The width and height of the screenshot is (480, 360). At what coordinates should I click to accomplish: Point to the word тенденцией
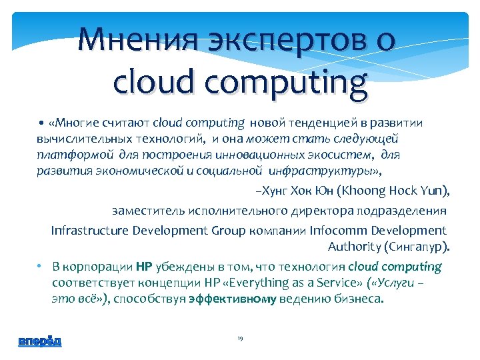313,123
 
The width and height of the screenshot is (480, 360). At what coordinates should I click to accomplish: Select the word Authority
354,247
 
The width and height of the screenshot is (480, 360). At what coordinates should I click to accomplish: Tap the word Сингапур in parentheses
417,247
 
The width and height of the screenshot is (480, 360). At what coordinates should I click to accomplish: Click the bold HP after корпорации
144,267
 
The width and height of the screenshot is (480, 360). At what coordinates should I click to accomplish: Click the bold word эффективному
232,299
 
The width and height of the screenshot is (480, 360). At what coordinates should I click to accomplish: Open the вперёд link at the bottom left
40,341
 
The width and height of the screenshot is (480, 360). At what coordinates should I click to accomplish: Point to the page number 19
240,339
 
